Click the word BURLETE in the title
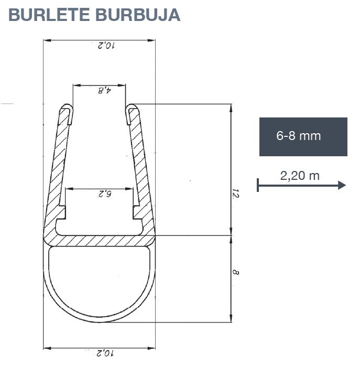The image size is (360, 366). click(x=49, y=15)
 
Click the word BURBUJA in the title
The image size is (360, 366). click(x=138, y=15)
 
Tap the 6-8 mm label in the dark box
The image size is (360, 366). click(x=298, y=136)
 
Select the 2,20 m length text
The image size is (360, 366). click(x=300, y=176)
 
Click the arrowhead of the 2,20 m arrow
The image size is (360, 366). click(x=342, y=185)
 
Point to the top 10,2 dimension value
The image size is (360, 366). click(x=106, y=45)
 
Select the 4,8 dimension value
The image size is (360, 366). click(x=104, y=90)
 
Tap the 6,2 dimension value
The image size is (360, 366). click(x=104, y=193)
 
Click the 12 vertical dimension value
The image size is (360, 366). click(x=236, y=194)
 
